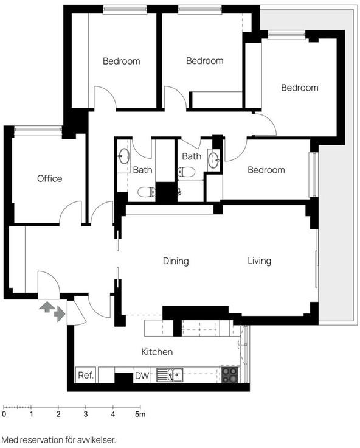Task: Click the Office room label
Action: (x=50, y=178)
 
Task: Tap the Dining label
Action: (x=176, y=261)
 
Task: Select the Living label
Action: (x=259, y=261)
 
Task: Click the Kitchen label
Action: (x=157, y=352)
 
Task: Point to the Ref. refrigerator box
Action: (x=86, y=375)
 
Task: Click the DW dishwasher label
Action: (x=142, y=376)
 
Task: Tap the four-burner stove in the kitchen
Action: (x=230, y=375)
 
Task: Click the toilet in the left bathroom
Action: (x=147, y=192)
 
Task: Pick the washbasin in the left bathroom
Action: (x=124, y=156)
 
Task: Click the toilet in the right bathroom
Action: (x=187, y=172)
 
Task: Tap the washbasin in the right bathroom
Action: (x=214, y=159)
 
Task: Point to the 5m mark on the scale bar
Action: (x=140, y=414)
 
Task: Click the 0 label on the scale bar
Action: (x=4, y=414)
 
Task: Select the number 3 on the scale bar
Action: (x=86, y=414)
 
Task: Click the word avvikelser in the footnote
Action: (x=97, y=440)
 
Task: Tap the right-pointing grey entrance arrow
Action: (x=60, y=313)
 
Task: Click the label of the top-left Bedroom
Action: (x=122, y=61)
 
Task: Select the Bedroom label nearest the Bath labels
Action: (x=266, y=170)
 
